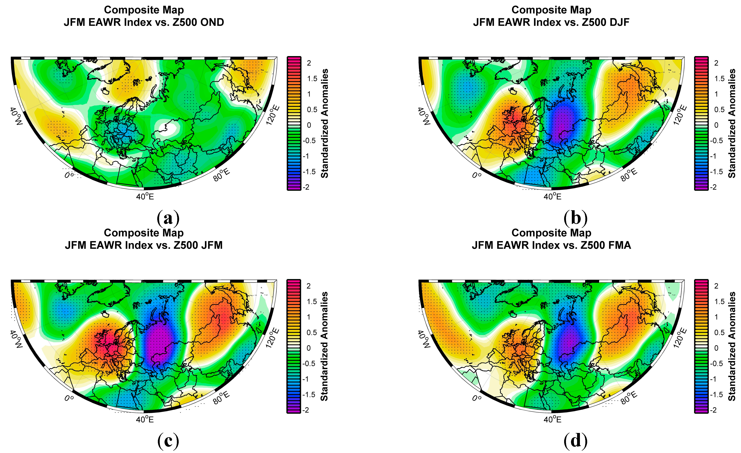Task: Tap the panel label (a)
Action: click(168, 218)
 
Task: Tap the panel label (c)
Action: click(168, 441)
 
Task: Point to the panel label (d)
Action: click(575, 441)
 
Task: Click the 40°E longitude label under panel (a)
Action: click(145, 196)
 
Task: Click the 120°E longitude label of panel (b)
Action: click(680, 115)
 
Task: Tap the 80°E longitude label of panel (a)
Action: click(222, 175)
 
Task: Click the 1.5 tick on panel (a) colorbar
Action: click(312, 79)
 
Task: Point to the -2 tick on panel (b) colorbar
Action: click(713, 187)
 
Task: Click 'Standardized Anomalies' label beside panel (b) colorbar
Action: click(732, 123)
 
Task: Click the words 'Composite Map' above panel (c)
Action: click(144, 233)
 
